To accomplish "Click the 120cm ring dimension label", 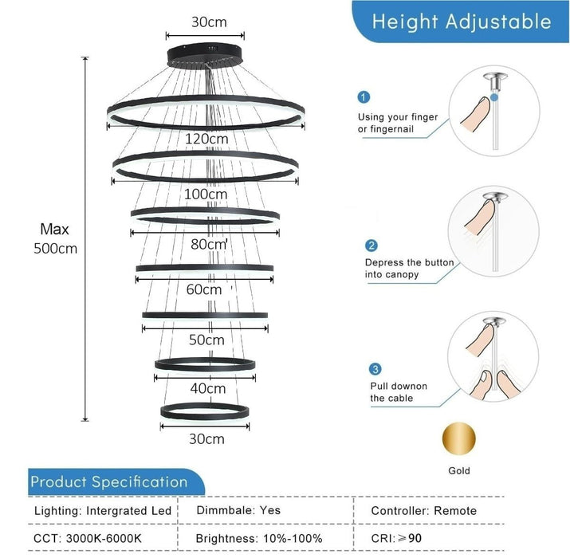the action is coord(206,139).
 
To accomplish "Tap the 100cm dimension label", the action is coord(206,195).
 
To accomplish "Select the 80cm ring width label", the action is coord(209,244).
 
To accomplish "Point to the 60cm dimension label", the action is coord(204,289).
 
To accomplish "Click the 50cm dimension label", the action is coord(206,340).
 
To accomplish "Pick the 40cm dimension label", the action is coord(207,388).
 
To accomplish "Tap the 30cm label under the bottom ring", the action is coord(206,439).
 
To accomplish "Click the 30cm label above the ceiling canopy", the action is coord(209,22).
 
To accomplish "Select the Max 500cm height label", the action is coord(55,239).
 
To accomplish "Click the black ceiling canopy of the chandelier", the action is coord(205,56).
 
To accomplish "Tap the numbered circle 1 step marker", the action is coord(364,97).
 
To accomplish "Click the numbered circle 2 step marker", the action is coord(371,246).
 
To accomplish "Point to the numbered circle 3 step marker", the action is coord(375,369).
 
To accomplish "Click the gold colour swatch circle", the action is coord(458,438).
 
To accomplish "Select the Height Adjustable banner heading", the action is coord(462,22).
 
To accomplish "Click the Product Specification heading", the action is coord(109,482).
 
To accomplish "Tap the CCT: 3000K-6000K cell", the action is coord(87,538).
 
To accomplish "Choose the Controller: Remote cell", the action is coord(423,511).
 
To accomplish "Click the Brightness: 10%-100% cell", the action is coord(259,538).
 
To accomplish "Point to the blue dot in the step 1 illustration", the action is coord(493,97).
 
